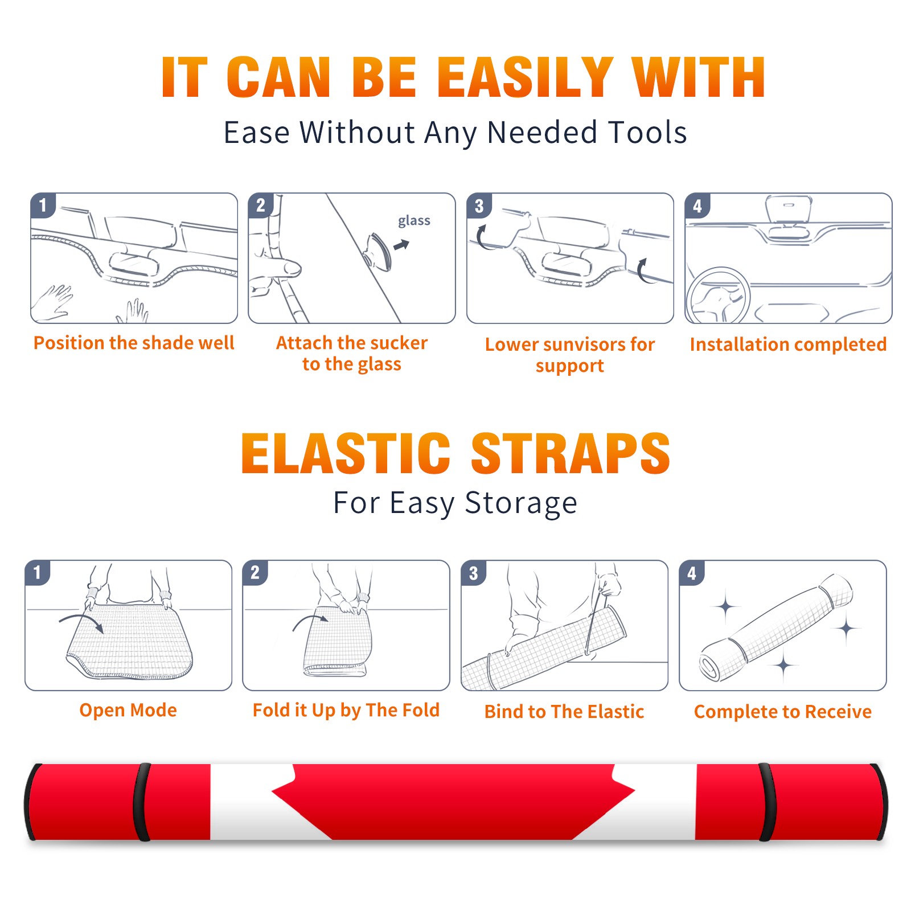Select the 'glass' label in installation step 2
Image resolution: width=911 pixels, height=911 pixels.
click(x=414, y=221)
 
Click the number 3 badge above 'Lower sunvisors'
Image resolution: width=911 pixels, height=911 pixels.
click(x=479, y=206)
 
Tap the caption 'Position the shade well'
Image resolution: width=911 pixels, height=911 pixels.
click(x=134, y=343)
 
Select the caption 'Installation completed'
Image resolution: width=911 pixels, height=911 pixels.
click(x=788, y=344)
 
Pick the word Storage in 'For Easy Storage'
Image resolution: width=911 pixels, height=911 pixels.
click(x=521, y=504)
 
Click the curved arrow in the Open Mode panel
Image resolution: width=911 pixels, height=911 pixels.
click(x=82, y=622)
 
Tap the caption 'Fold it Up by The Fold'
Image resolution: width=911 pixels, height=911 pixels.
click(x=346, y=710)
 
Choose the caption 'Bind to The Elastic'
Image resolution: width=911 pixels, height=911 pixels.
click(x=564, y=711)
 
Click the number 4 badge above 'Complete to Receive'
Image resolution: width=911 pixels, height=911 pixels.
click(x=692, y=573)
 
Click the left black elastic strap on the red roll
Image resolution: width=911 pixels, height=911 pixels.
click(x=142, y=802)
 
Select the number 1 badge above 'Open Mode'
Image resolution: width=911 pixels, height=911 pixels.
click(x=38, y=573)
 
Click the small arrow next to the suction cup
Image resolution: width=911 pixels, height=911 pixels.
click(x=402, y=245)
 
